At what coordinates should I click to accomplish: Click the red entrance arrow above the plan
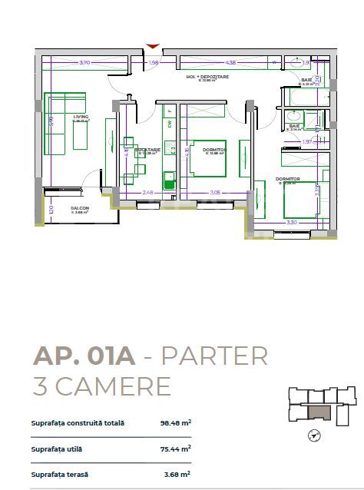pyautogui.click(x=154, y=47)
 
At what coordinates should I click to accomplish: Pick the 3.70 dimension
pyautogui.click(x=85, y=62)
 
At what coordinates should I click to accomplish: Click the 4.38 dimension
pyautogui.click(x=230, y=62)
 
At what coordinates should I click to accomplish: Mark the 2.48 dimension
pyautogui.click(x=148, y=192)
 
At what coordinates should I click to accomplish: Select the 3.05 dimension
pyautogui.click(x=215, y=192)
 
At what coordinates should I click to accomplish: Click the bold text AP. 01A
pyautogui.click(x=84, y=356)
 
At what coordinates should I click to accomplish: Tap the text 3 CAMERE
pyautogui.click(x=101, y=386)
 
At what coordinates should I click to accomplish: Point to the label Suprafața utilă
pyautogui.click(x=57, y=449)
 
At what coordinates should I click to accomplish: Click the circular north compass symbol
pyautogui.click(x=313, y=436)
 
